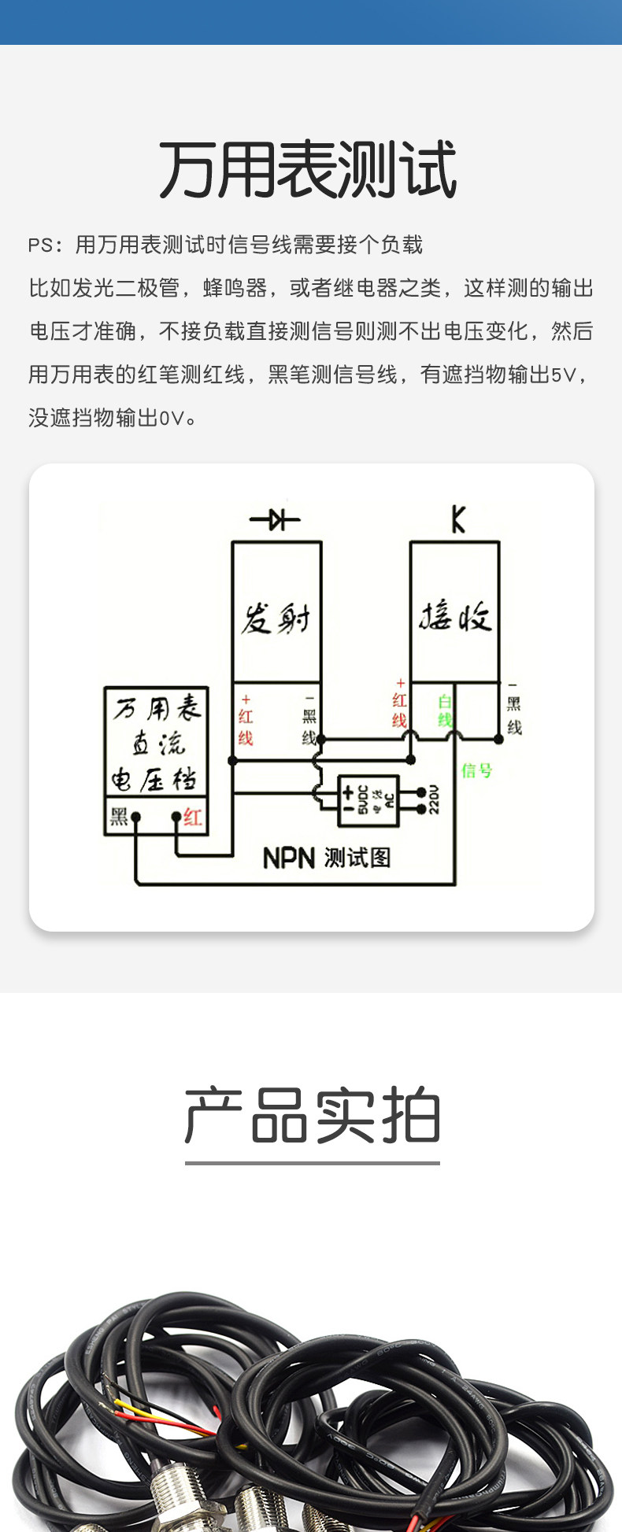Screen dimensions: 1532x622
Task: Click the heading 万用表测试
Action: point(308,171)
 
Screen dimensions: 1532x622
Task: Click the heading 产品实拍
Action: point(312,1116)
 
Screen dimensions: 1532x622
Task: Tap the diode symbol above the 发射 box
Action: point(275,519)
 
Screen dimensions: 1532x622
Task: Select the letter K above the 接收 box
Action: point(458,520)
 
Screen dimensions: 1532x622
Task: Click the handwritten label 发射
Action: point(276,619)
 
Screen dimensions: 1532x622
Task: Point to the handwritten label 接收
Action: point(454,616)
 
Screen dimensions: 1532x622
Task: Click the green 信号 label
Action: point(476,770)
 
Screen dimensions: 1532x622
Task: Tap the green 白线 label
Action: point(445,711)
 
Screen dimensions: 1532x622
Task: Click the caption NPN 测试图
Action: point(326,857)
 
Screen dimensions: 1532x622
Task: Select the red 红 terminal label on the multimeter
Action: point(192,818)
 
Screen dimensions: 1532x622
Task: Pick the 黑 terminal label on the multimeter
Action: point(119,817)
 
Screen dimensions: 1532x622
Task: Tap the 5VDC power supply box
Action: point(368,801)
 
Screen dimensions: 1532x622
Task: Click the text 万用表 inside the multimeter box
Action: point(157,708)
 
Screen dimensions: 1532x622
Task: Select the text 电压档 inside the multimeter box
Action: point(154,780)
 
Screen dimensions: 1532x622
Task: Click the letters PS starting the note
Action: point(40,245)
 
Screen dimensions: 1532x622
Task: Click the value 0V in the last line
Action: point(172,419)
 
